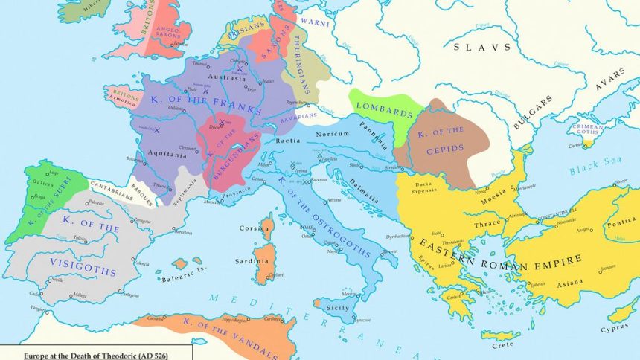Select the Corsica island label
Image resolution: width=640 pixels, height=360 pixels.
tap(254, 229)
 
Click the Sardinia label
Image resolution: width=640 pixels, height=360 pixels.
tap(254, 262)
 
